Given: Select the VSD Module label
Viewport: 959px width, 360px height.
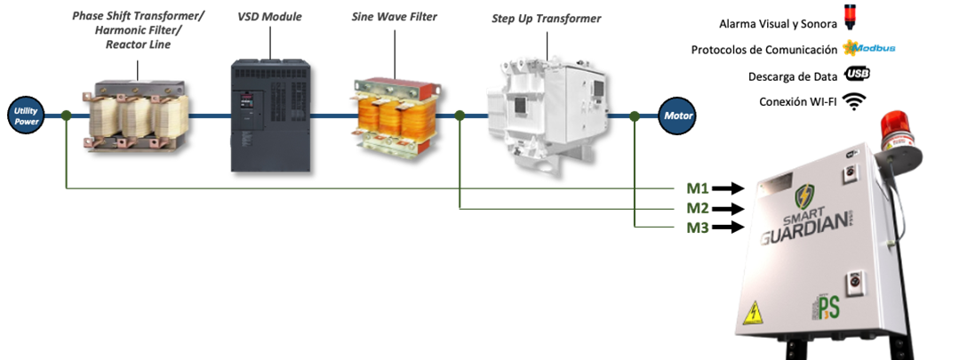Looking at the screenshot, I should click(270, 17).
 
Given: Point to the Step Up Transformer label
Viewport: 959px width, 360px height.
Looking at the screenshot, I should click(546, 19).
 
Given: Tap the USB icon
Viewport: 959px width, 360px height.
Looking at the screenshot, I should click(858, 75).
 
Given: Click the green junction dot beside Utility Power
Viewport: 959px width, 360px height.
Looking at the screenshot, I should click(67, 115).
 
